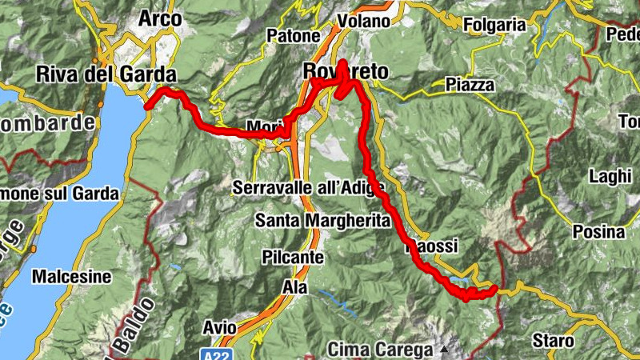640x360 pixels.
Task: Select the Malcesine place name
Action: coord(71,277)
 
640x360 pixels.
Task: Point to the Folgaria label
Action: coord(493,25)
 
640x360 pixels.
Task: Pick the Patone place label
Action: coord(294,35)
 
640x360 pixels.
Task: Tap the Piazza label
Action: coord(470,85)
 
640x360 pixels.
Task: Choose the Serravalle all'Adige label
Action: coord(309,188)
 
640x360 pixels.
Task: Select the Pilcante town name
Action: coord(292,258)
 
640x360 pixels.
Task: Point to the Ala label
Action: coord(294,286)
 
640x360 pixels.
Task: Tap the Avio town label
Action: coord(219,327)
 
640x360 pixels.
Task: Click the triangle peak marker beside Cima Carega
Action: coord(442,350)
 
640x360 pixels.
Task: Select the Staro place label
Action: coord(553,341)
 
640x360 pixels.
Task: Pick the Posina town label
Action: coord(598,232)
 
